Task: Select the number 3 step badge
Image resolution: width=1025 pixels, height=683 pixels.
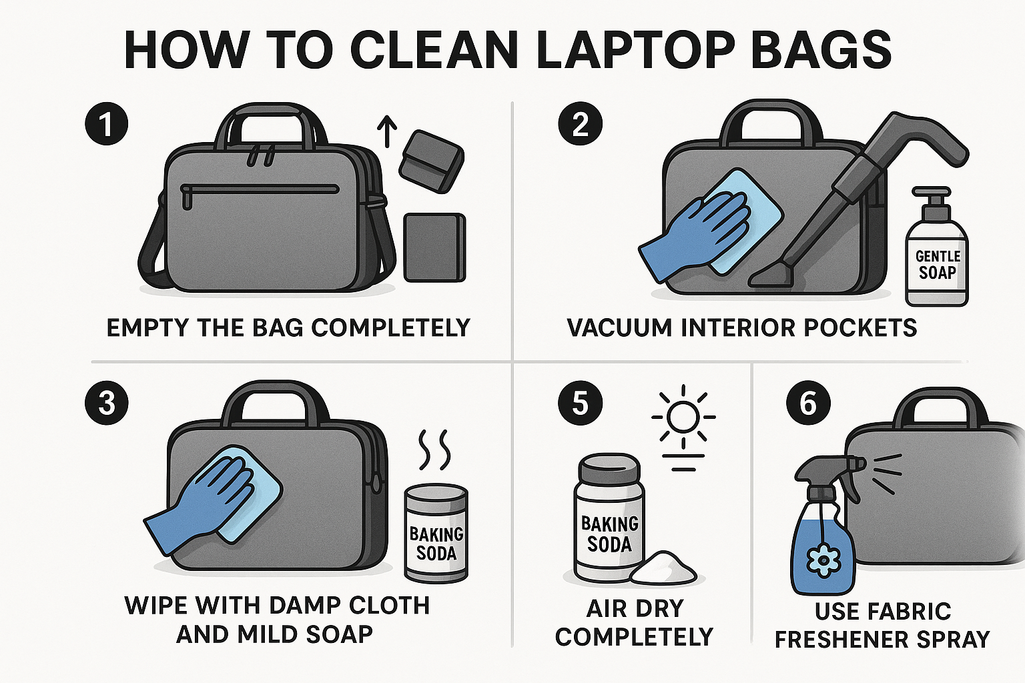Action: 107,404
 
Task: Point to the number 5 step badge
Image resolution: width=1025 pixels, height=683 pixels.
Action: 580,404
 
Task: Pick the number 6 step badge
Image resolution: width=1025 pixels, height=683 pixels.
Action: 807,404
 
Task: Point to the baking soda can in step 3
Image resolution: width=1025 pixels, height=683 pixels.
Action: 436,533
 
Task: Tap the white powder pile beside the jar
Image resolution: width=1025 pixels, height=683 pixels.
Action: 663,569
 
